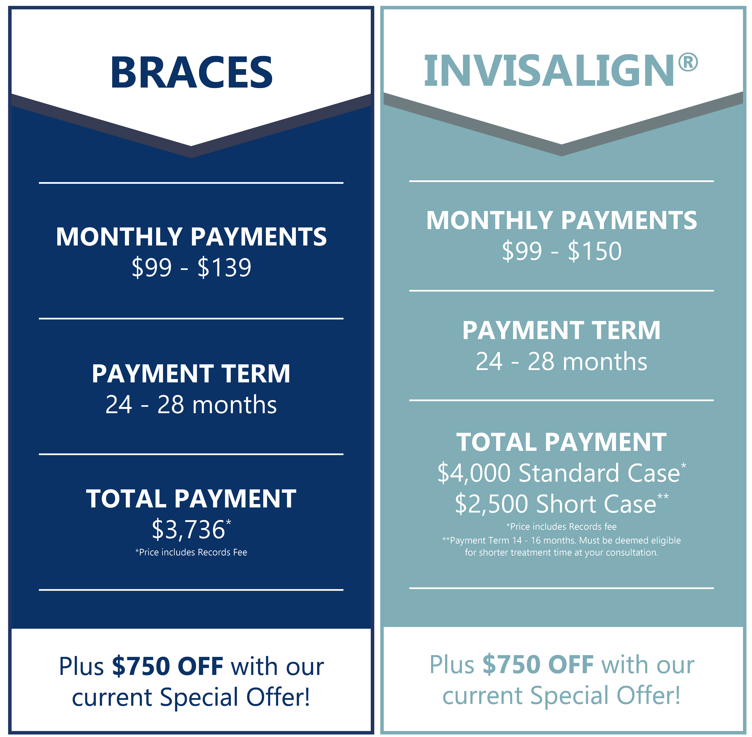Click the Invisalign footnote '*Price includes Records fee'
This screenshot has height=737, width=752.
coord(561,526)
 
